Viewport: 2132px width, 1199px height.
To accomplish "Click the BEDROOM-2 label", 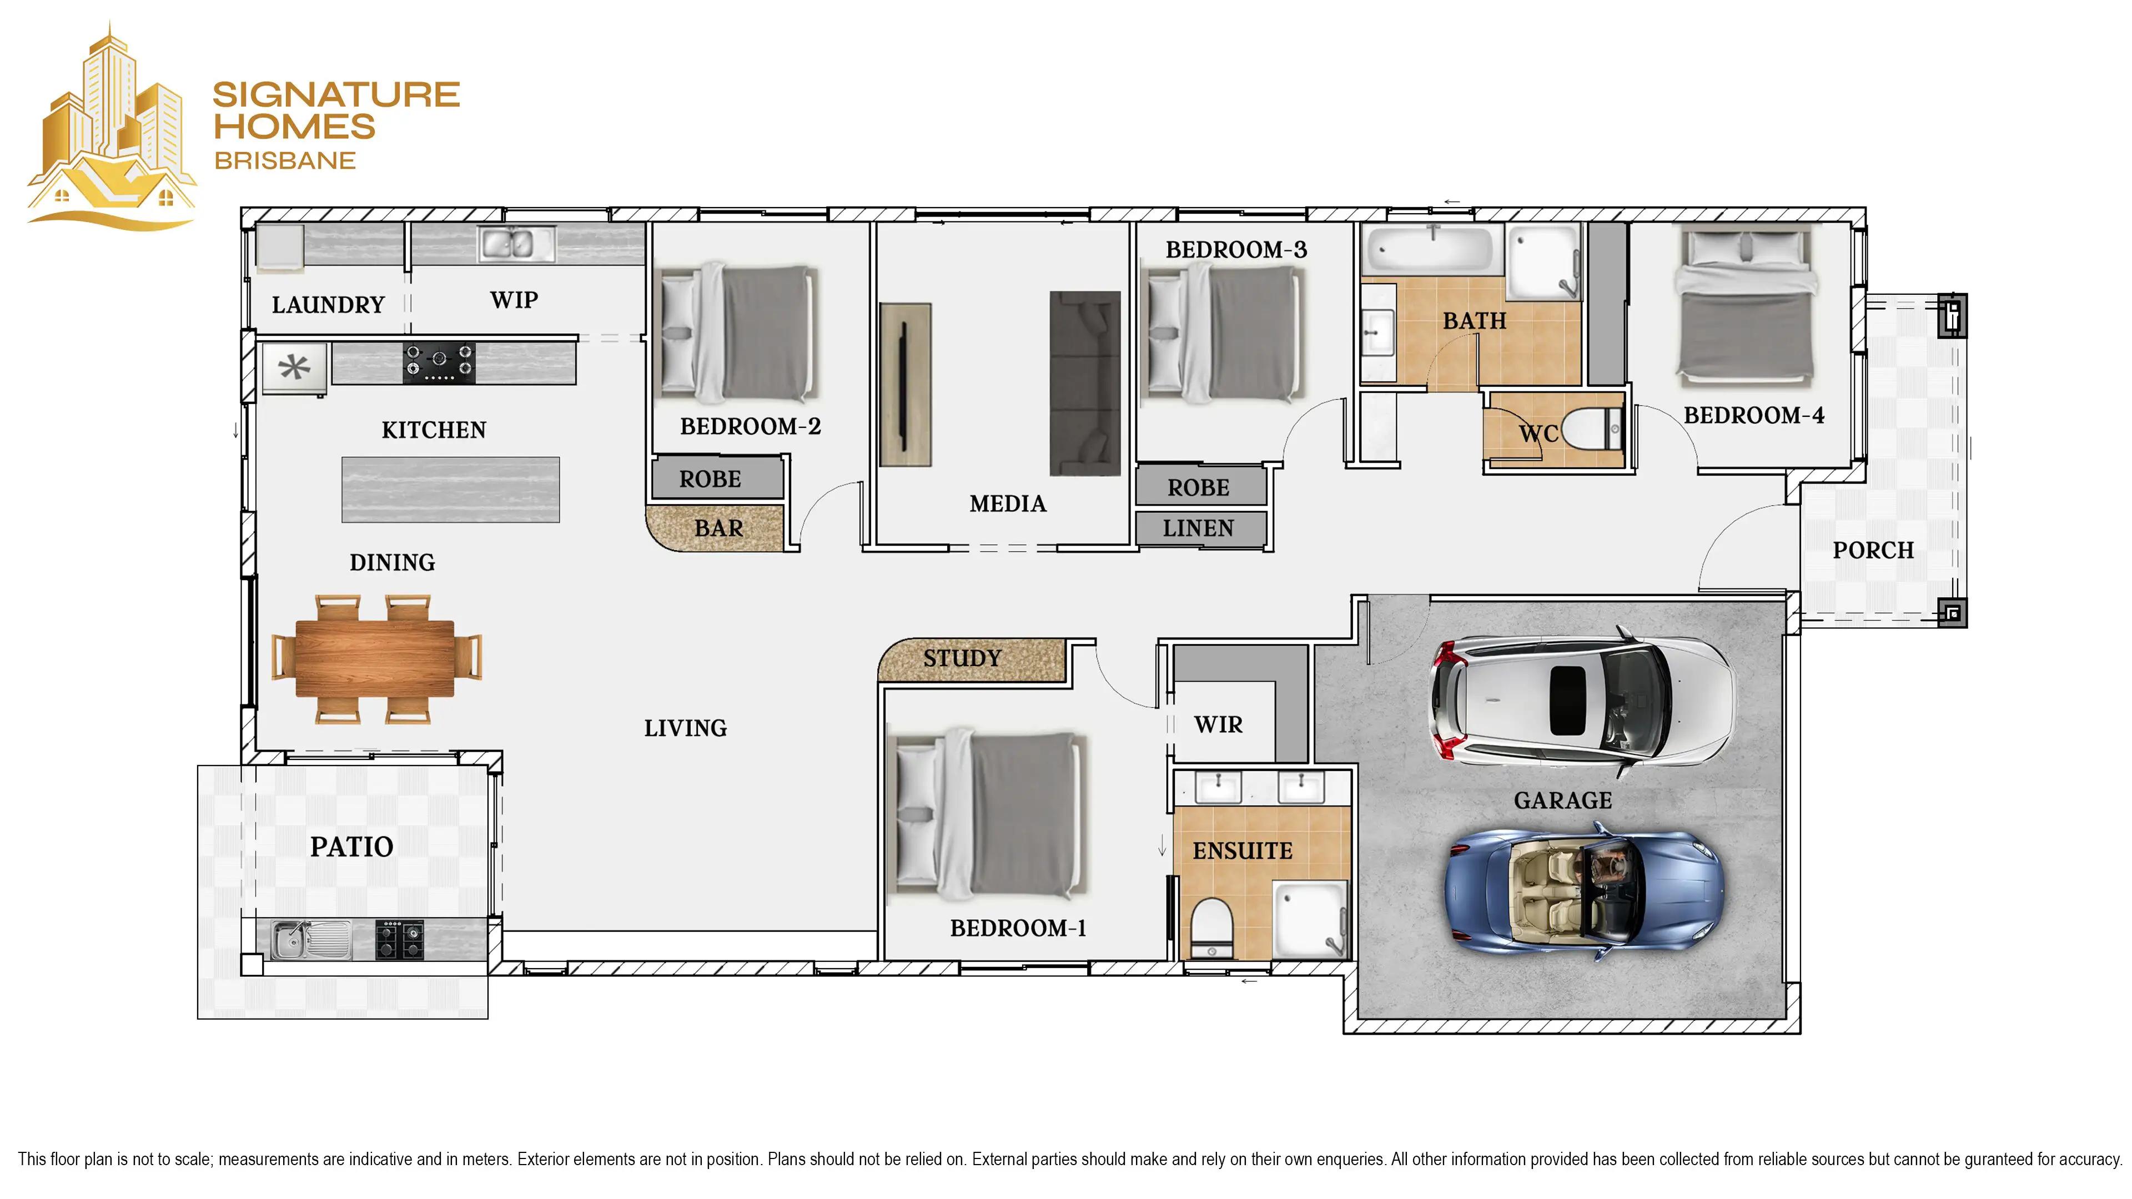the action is click(750, 426).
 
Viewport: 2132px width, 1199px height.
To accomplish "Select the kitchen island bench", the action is click(450, 489).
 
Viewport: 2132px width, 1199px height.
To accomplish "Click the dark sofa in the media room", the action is click(1085, 383).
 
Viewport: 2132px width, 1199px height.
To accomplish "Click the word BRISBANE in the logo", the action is click(285, 160).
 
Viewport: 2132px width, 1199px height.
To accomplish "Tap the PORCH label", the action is click(1873, 550).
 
